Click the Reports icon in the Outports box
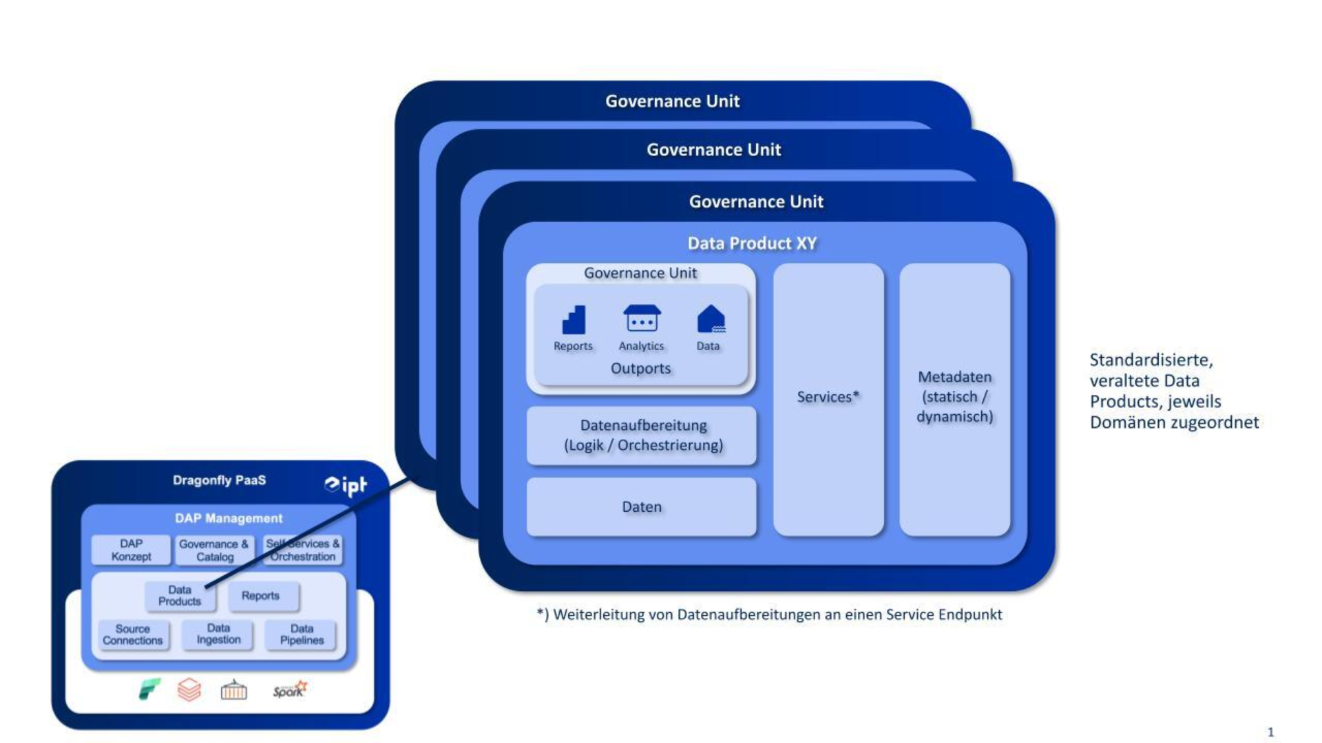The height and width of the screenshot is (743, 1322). click(574, 320)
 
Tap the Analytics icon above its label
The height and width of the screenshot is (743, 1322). click(642, 319)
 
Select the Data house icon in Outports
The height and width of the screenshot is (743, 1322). click(711, 319)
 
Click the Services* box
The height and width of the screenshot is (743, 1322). click(828, 399)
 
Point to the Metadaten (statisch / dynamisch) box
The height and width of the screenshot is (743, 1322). click(955, 399)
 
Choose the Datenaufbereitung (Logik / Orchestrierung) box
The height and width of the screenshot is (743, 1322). click(642, 435)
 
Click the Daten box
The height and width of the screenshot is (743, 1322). click(642, 507)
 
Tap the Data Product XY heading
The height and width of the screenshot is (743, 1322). click(752, 243)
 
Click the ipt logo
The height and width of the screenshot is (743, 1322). click(346, 485)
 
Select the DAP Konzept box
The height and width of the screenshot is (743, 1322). click(131, 550)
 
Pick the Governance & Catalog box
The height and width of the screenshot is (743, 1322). click(214, 550)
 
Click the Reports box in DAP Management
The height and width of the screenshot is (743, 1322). click(260, 596)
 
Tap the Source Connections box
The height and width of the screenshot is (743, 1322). click(133, 635)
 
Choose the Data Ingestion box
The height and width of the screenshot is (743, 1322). click(218, 634)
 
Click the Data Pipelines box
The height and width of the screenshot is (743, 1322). click(302, 634)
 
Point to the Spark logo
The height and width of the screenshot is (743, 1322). click(290, 690)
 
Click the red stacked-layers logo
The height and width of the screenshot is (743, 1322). click(189, 689)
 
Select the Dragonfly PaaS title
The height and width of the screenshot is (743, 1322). click(219, 480)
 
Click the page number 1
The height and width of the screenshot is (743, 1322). click(1270, 732)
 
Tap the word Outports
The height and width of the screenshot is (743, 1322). click(640, 368)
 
